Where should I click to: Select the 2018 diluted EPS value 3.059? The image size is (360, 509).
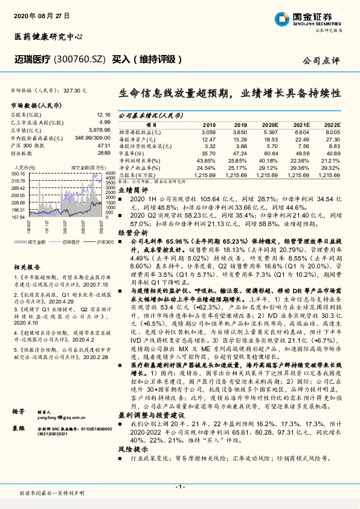pyautogui.click(x=208, y=131)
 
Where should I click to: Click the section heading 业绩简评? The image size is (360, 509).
pyautogui.click(x=132, y=189)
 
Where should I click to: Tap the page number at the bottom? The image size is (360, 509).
pyautogui.click(x=179, y=487)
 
